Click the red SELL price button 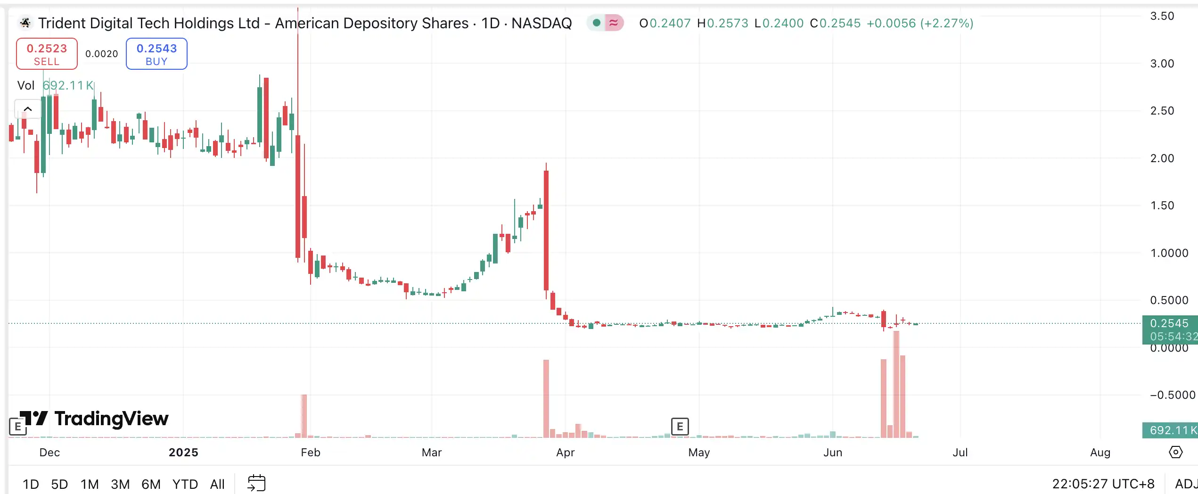[47, 54]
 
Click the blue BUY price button [156, 54]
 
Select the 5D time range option [59, 484]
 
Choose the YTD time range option [185, 484]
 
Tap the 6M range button [151, 484]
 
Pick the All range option [217, 484]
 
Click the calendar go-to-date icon [257, 483]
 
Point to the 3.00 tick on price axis [1162, 64]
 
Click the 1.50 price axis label [1162, 206]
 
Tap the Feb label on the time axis [311, 453]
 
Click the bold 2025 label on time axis [183, 453]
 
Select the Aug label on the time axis [1100, 453]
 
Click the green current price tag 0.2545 [1169, 324]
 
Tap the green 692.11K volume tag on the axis [1170, 430]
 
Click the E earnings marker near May [680, 427]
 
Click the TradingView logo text [111, 419]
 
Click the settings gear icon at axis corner [1176, 453]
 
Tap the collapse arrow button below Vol [28, 109]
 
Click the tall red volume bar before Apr [546, 398]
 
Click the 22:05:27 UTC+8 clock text [1103, 484]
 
